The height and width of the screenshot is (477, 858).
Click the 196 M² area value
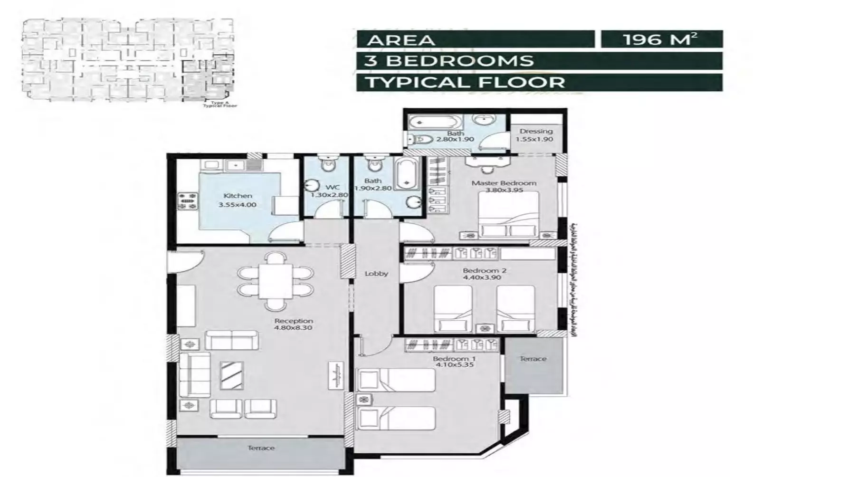pos(661,39)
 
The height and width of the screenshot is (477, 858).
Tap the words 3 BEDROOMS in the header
pos(449,61)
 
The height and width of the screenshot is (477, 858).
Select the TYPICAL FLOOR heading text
pos(465,82)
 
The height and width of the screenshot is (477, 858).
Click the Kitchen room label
pos(238,196)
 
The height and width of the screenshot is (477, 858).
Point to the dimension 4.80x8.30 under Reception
pos(293,327)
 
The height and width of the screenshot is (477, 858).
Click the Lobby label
pos(376,274)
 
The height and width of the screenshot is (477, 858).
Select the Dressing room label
pos(535,131)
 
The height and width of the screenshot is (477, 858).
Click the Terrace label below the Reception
pos(261,448)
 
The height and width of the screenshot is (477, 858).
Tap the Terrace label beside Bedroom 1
pos(533,359)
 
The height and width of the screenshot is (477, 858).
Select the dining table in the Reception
pos(276,281)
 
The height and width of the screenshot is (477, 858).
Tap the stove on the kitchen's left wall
pos(187,200)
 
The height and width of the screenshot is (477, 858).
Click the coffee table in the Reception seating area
pos(232,375)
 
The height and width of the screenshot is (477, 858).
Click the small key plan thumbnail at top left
pos(128,59)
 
